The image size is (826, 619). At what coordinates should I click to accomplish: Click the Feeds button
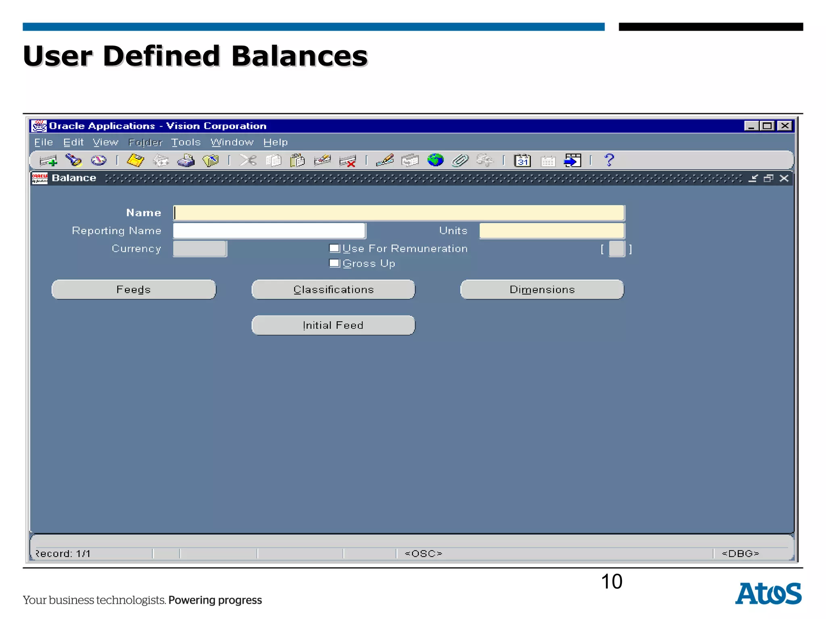(x=133, y=289)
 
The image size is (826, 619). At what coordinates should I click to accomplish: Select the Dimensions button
(x=542, y=289)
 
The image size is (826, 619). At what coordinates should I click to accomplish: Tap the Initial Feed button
(x=333, y=325)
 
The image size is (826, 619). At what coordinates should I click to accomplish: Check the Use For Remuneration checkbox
(x=334, y=248)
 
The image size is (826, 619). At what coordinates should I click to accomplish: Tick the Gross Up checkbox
(x=334, y=263)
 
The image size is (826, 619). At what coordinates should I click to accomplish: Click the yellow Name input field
(x=398, y=213)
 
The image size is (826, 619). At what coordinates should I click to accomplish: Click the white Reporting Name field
(x=269, y=231)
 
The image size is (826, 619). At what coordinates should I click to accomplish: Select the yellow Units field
(x=551, y=231)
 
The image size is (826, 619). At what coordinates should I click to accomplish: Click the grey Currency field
(x=200, y=249)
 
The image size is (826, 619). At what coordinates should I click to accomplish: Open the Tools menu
(x=186, y=142)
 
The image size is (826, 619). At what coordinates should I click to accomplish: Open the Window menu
(x=232, y=142)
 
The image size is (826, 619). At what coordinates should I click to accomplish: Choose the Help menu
(x=275, y=142)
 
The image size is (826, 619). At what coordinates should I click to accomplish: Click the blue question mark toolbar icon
(x=609, y=160)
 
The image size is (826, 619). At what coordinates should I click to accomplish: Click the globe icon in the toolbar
(x=435, y=160)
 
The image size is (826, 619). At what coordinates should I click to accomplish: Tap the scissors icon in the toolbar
(x=248, y=160)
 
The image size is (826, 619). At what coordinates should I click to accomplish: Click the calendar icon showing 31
(x=522, y=160)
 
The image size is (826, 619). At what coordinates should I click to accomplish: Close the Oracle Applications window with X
(x=785, y=126)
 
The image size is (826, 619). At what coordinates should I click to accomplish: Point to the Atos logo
(x=768, y=593)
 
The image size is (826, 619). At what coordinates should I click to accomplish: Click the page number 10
(x=611, y=582)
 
